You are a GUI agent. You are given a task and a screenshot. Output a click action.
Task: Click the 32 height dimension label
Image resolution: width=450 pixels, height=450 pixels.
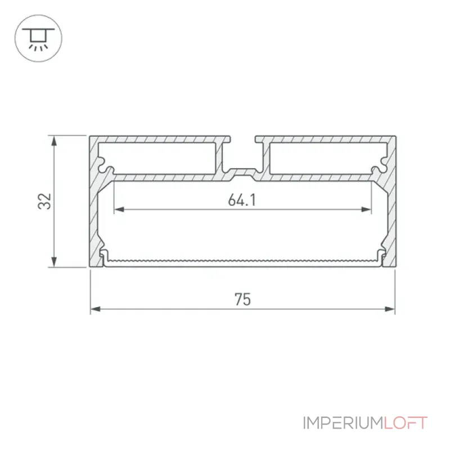click(45, 201)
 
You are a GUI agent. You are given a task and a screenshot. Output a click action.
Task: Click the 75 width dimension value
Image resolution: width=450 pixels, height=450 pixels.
click(243, 299)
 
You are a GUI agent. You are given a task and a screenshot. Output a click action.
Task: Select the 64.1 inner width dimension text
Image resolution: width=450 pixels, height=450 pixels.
click(242, 200)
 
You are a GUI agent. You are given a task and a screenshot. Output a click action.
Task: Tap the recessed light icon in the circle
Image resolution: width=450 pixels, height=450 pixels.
click(38, 39)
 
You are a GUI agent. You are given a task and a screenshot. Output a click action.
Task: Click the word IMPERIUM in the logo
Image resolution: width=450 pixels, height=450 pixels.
click(343, 423)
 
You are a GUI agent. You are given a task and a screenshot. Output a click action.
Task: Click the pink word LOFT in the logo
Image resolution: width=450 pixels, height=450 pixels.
click(406, 423)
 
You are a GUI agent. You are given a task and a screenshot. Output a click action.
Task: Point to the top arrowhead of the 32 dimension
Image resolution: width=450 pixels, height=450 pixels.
click(53, 141)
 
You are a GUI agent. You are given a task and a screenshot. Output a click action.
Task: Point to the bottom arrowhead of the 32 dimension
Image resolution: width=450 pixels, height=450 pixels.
click(53, 262)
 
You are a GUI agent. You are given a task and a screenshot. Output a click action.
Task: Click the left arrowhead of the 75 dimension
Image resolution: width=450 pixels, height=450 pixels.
click(95, 309)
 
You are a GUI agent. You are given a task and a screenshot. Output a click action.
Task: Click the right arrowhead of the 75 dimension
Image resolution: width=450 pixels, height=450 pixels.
click(390, 309)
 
